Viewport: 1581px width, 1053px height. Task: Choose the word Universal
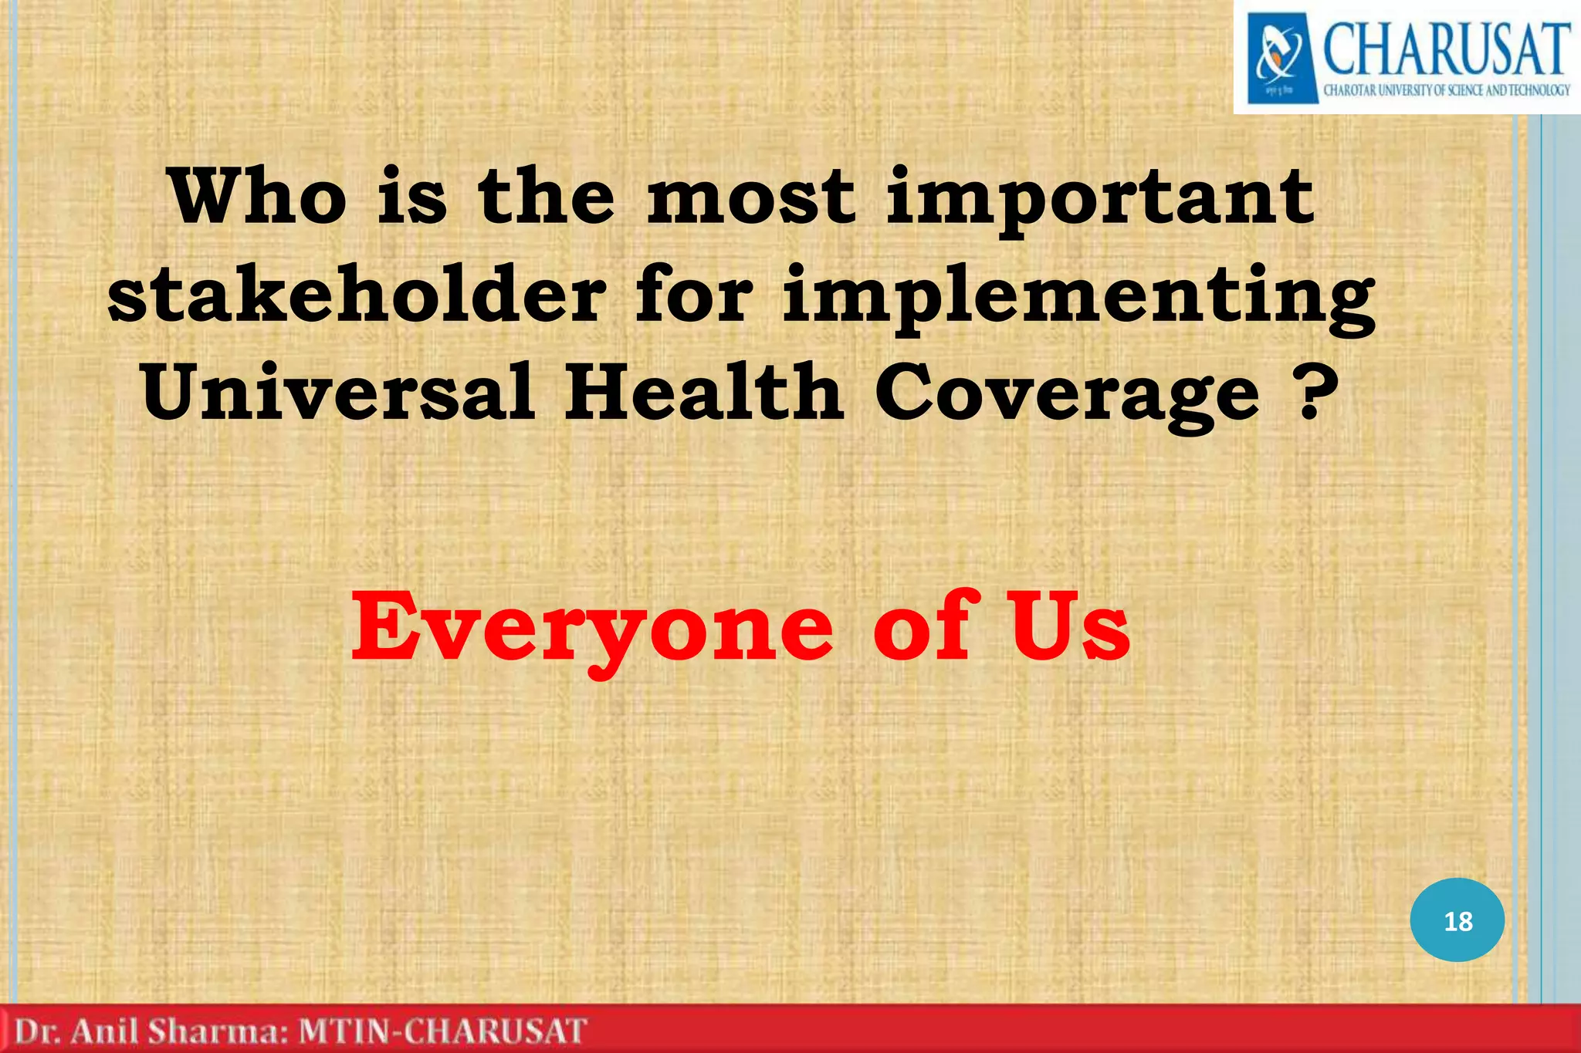pos(338,393)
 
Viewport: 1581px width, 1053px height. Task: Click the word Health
pos(704,393)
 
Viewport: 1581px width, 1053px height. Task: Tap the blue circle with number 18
pos(1457,920)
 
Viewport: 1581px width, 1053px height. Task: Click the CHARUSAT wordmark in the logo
pos(1446,48)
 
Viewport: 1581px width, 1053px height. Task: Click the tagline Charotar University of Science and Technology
pos(1446,90)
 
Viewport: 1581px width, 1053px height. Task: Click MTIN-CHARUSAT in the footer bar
pos(442,1032)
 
